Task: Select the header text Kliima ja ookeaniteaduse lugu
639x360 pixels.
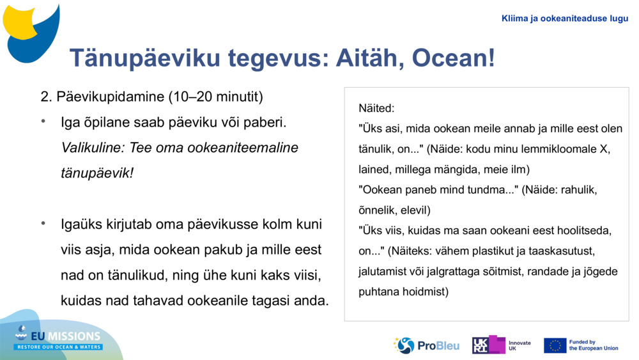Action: (565, 19)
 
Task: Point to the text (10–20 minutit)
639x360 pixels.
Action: (215, 97)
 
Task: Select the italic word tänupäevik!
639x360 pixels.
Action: (97, 173)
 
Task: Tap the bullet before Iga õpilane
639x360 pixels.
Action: (43, 121)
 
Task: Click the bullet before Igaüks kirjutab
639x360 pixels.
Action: (43, 224)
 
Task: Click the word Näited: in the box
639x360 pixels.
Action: (376, 108)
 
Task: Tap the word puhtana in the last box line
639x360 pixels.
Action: (377, 292)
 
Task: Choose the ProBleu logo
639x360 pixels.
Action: (427, 346)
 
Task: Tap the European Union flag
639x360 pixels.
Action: (555, 345)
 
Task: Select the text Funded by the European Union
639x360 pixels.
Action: (594, 345)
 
